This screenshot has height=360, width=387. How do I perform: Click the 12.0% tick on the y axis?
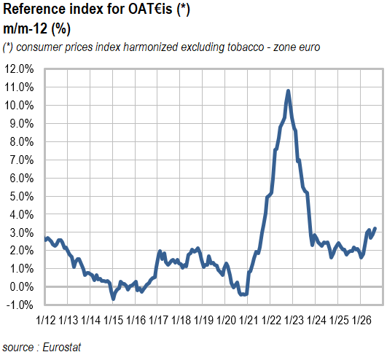pyautogui.click(x=19, y=69)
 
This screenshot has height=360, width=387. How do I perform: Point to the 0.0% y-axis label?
pyautogui.click(x=22, y=287)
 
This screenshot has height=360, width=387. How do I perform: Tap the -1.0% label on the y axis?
pyautogui.click(x=20, y=305)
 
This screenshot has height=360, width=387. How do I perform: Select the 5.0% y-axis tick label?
pyautogui.click(x=22, y=197)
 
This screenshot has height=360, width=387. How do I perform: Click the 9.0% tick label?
pyautogui.click(x=22, y=124)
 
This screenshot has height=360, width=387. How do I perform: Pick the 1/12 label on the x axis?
pyautogui.click(x=46, y=320)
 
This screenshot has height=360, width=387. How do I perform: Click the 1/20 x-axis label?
pyautogui.click(x=227, y=320)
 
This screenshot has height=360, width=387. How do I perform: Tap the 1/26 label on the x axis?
pyautogui.click(x=361, y=320)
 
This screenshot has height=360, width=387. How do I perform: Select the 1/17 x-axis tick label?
pyautogui.click(x=159, y=320)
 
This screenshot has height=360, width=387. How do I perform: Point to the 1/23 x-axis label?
pyautogui.click(x=294, y=320)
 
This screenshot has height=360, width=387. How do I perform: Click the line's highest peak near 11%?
pyautogui.click(x=288, y=91)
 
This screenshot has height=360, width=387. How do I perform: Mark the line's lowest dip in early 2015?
pyautogui.click(x=113, y=299)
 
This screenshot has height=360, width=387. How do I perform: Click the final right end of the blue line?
pyautogui.click(x=375, y=228)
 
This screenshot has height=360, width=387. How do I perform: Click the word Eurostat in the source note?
pyautogui.click(x=62, y=347)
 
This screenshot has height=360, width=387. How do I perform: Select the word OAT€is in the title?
pyautogui.click(x=150, y=9)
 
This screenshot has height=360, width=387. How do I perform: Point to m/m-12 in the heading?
pyautogui.click(x=25, y=28)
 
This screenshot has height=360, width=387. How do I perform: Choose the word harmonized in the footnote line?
pyautogui.click(x=151, y=47)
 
